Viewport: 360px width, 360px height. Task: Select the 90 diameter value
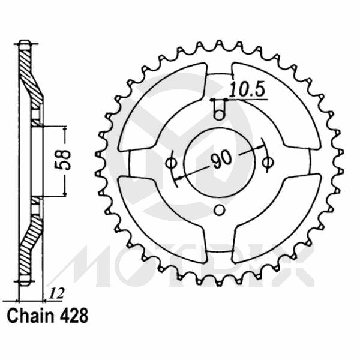[221, 159]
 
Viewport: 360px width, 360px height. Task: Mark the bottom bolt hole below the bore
[220, 210]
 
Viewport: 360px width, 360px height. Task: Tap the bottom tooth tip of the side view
[23, 282]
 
